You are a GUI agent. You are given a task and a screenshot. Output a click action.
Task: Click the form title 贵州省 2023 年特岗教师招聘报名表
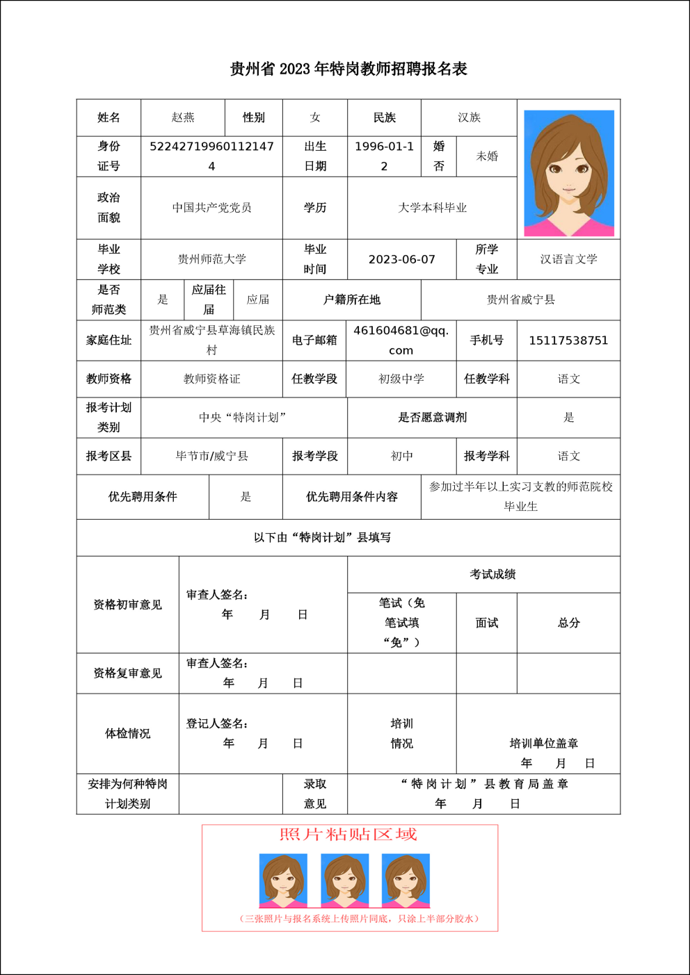348,69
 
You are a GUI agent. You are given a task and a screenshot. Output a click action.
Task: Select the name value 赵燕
183,117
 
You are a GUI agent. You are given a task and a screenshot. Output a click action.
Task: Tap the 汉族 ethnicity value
469,117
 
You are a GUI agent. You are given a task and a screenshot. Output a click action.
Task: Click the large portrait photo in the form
568,173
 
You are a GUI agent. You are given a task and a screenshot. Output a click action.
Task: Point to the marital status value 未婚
487,156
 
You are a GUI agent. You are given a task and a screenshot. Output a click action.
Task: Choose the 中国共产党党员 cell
211,208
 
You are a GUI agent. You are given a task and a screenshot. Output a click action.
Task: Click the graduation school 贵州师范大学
211,259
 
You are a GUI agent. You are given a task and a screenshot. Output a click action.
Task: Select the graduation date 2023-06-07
401,259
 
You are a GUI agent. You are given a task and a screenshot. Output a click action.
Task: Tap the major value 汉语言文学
568,259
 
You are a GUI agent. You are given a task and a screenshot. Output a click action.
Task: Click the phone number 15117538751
568,341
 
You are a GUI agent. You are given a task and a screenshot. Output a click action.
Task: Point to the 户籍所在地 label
352,300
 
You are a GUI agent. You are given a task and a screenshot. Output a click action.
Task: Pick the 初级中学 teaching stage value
401,379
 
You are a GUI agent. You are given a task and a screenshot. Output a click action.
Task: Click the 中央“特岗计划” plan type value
243,418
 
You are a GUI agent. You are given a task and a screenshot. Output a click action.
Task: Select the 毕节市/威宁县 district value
211,457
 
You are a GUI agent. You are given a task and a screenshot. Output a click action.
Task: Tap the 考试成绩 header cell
492,574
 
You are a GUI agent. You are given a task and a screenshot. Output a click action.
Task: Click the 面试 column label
487,623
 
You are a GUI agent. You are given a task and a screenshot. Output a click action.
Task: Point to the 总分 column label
568,623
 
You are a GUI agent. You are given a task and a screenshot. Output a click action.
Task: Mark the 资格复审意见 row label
127,673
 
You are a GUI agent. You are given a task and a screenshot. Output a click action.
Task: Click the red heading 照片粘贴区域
348,835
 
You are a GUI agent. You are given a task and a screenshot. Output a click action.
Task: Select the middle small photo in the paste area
344,880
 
